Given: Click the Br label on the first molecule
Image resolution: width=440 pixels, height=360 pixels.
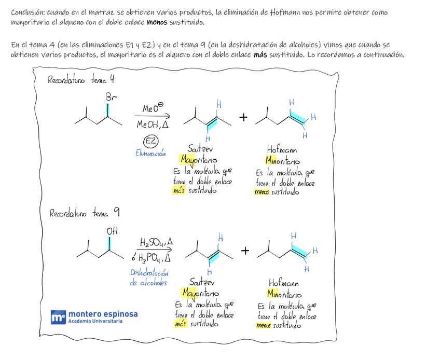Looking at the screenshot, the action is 112,97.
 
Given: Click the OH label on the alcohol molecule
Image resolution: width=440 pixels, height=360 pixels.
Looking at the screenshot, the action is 112,231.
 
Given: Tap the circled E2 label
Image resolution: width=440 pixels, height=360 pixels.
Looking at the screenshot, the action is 151,141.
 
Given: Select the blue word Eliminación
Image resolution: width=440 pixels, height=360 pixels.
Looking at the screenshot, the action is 150,153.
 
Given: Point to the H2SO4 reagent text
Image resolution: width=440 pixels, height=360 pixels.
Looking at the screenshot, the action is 156,242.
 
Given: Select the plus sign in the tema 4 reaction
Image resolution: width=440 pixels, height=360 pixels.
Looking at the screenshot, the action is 243,118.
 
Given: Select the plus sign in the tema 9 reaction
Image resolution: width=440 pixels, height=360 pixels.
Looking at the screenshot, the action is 245,251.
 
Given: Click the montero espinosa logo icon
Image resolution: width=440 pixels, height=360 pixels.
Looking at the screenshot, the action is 58,317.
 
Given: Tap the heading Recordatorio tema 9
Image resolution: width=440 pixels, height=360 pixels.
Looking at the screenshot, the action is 85,213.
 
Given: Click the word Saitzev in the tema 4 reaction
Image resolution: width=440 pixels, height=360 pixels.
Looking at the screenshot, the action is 200,148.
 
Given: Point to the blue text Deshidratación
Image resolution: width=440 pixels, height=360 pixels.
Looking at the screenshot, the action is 149,273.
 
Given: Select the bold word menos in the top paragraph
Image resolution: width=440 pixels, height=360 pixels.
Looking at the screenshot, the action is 157,23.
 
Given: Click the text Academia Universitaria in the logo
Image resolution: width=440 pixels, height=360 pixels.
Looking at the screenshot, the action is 96,322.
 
